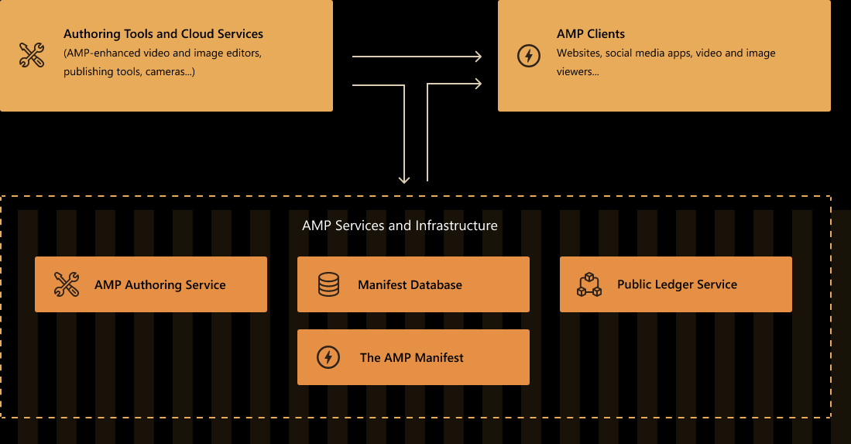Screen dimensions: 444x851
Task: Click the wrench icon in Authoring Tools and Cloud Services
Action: pos(31,55)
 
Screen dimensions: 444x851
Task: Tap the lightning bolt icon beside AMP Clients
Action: pos(528,56)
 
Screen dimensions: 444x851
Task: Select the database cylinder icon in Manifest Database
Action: pos(328,284)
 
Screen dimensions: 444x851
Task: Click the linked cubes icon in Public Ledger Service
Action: pos(589,284)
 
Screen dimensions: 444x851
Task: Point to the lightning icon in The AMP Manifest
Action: pos(328,357)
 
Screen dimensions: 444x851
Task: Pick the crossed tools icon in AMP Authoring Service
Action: pos(67,284)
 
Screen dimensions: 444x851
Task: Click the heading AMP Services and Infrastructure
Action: pos(400,225)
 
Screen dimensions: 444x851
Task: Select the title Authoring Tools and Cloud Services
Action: pos(163,34)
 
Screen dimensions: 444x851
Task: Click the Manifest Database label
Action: pos(410,285)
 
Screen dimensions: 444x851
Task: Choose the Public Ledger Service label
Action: pos(677,284)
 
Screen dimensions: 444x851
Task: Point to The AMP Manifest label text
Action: pos(411,358)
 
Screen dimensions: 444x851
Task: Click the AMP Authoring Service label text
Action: pos(160,285)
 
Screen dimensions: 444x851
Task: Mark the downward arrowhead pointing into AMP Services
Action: pos(403,179)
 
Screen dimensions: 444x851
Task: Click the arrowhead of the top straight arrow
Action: pos(478,57)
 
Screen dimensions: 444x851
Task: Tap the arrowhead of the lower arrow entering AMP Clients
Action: pos(478,83)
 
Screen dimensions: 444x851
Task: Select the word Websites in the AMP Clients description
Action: pos(578,53)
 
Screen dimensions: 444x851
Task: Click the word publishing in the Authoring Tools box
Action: pos(88,72)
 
